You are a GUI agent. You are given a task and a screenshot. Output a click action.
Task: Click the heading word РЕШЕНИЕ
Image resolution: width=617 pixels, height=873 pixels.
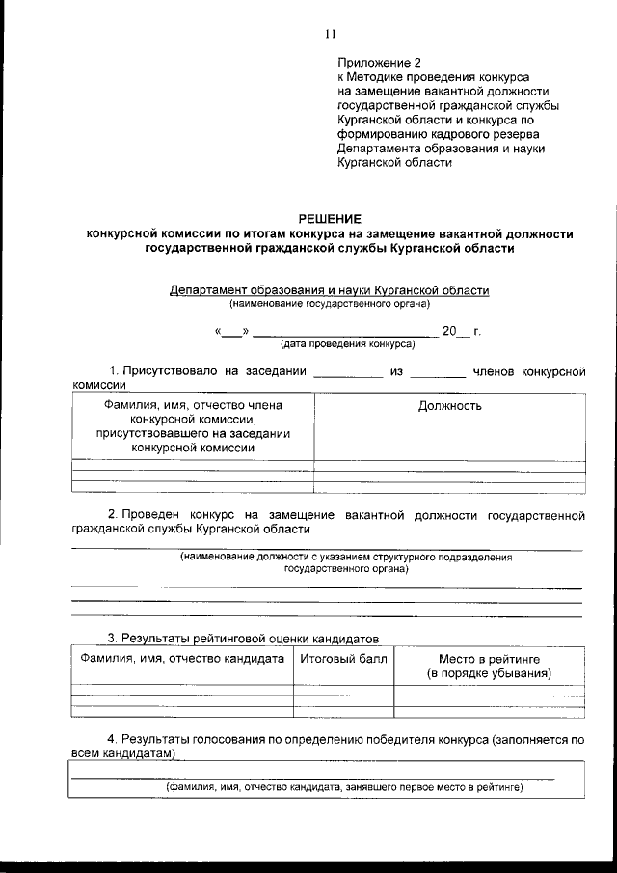330,219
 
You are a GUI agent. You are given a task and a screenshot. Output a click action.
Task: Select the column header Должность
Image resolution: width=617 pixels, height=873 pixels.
449,406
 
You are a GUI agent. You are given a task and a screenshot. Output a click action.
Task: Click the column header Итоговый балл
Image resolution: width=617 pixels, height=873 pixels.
343,659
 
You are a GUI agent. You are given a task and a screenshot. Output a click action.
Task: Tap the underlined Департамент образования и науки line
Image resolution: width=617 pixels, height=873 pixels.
329,289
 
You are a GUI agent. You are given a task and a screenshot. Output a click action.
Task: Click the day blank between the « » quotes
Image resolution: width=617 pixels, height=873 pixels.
232,332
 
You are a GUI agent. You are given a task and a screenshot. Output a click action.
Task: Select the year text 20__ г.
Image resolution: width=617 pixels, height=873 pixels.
461,332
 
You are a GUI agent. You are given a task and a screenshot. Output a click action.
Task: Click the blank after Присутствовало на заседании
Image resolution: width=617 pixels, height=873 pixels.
348,371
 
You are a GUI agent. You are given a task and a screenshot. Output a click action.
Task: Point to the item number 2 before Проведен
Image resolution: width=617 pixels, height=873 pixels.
111,515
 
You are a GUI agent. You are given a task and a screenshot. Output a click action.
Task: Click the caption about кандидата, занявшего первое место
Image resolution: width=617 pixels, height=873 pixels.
342,787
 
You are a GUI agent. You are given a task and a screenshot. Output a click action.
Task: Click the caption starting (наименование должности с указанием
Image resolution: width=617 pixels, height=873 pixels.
346,558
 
